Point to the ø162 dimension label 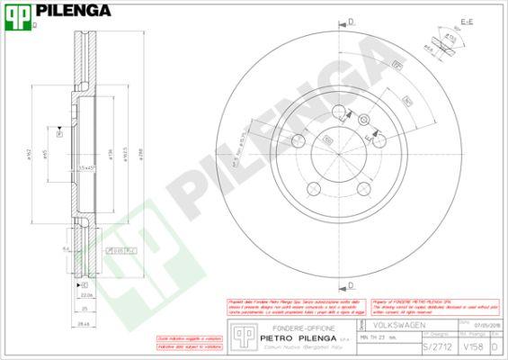pos(30,156)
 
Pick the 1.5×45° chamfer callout pos(86,168)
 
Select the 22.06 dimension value pos(86,293)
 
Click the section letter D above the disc pos(351,20)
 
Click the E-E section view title pos(467,20)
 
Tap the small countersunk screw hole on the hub pos(363,120)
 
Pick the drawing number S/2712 pos(434,346)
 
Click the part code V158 pos(471,346)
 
